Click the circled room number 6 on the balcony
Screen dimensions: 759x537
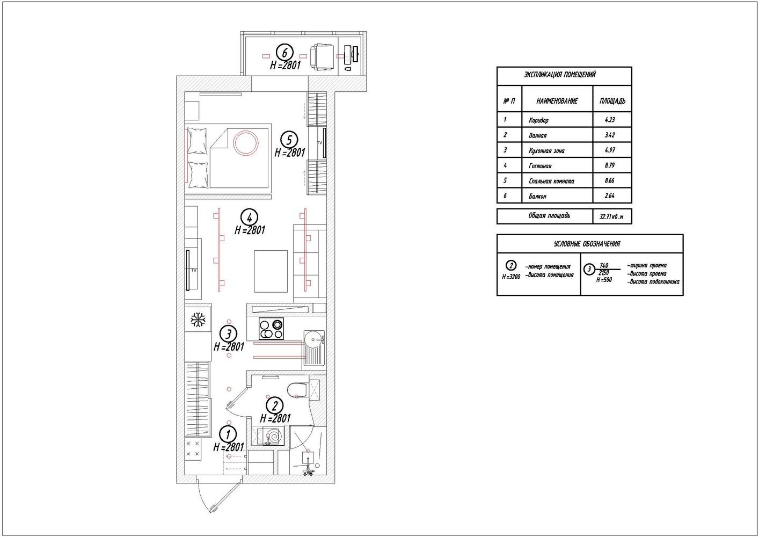[x=284, y=53]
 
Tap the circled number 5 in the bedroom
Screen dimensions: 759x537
[x=289, y=140]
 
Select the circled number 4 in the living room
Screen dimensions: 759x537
[x=249, y=217]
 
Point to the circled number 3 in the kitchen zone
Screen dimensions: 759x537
[x=228, y=334]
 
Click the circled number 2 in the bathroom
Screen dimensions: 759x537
[x=275, y=405]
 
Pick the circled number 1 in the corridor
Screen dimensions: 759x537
[x=228, y=434]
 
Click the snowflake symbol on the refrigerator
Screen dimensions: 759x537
[x=198, y=320]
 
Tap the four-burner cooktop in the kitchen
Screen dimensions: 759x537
[x=271, y=328]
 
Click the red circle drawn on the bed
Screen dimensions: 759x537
[x=246, y=142]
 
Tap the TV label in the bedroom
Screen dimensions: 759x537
[x=319, y=143]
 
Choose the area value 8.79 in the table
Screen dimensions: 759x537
[x=610, y=165]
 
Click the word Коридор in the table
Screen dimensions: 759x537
[x=538, y=120]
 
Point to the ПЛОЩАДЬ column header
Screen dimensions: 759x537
[x=612, y=101]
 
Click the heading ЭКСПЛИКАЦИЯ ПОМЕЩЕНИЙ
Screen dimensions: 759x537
[x=559, y=75]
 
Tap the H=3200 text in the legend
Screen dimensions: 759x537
[x=511, y=277]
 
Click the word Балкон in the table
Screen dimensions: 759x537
[x=537, y=197]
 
